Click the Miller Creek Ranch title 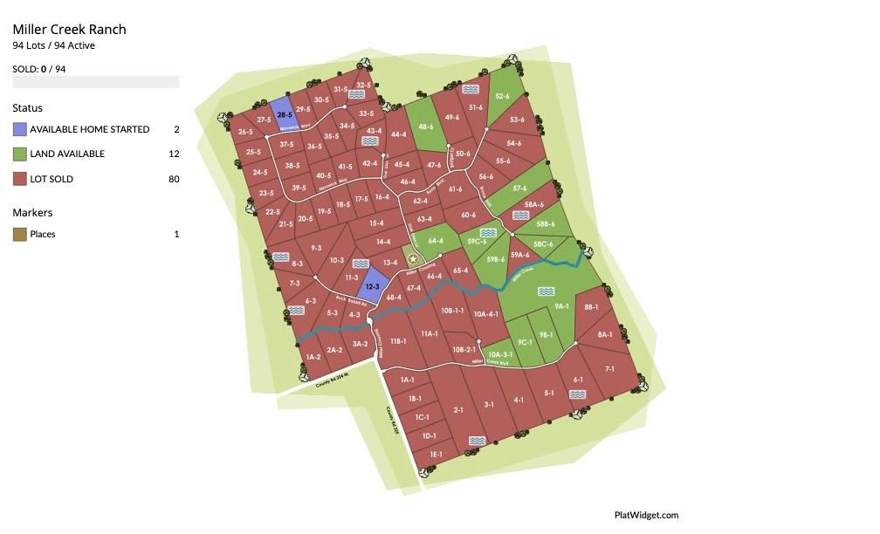69,30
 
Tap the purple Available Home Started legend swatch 19,129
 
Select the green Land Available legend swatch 19,154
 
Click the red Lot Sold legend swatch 19,179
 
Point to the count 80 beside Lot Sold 174,179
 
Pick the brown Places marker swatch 19,234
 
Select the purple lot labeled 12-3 372,286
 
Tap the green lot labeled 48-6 425,127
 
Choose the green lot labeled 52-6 502,96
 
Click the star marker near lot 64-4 413,259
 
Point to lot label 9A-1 561,306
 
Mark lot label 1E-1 436,454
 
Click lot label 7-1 609,369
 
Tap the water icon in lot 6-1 577,394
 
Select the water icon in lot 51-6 471,90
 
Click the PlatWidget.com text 646,515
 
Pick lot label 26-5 245,132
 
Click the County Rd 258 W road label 333,380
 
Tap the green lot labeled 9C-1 525,342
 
